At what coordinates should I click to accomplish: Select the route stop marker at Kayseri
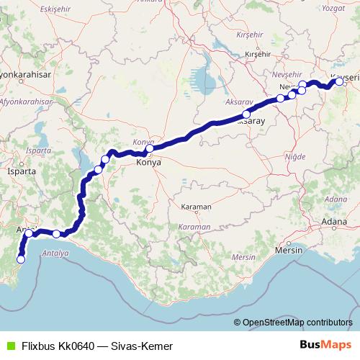[340, 82]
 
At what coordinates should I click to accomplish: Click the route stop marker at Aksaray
[246, 114]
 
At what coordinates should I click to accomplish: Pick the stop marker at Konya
[150, 150]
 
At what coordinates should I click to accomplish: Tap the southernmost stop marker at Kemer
[21, 259]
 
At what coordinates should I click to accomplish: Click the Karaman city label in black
[196, 207]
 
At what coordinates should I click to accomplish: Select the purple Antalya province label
[55, 254]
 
